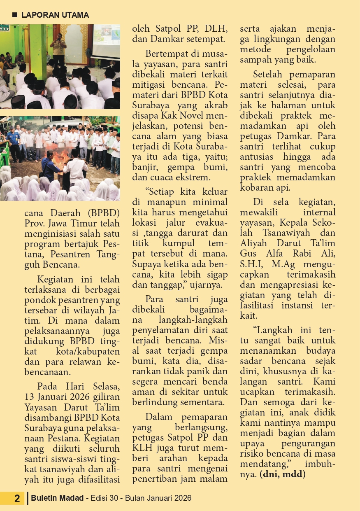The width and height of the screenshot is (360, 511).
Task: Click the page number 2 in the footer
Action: click(17, 498)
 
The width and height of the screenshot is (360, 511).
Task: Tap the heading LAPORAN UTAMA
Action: click(55, 15)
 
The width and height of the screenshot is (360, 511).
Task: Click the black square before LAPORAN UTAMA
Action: click(15, 15)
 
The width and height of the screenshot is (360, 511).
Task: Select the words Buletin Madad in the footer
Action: click(57, 498)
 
